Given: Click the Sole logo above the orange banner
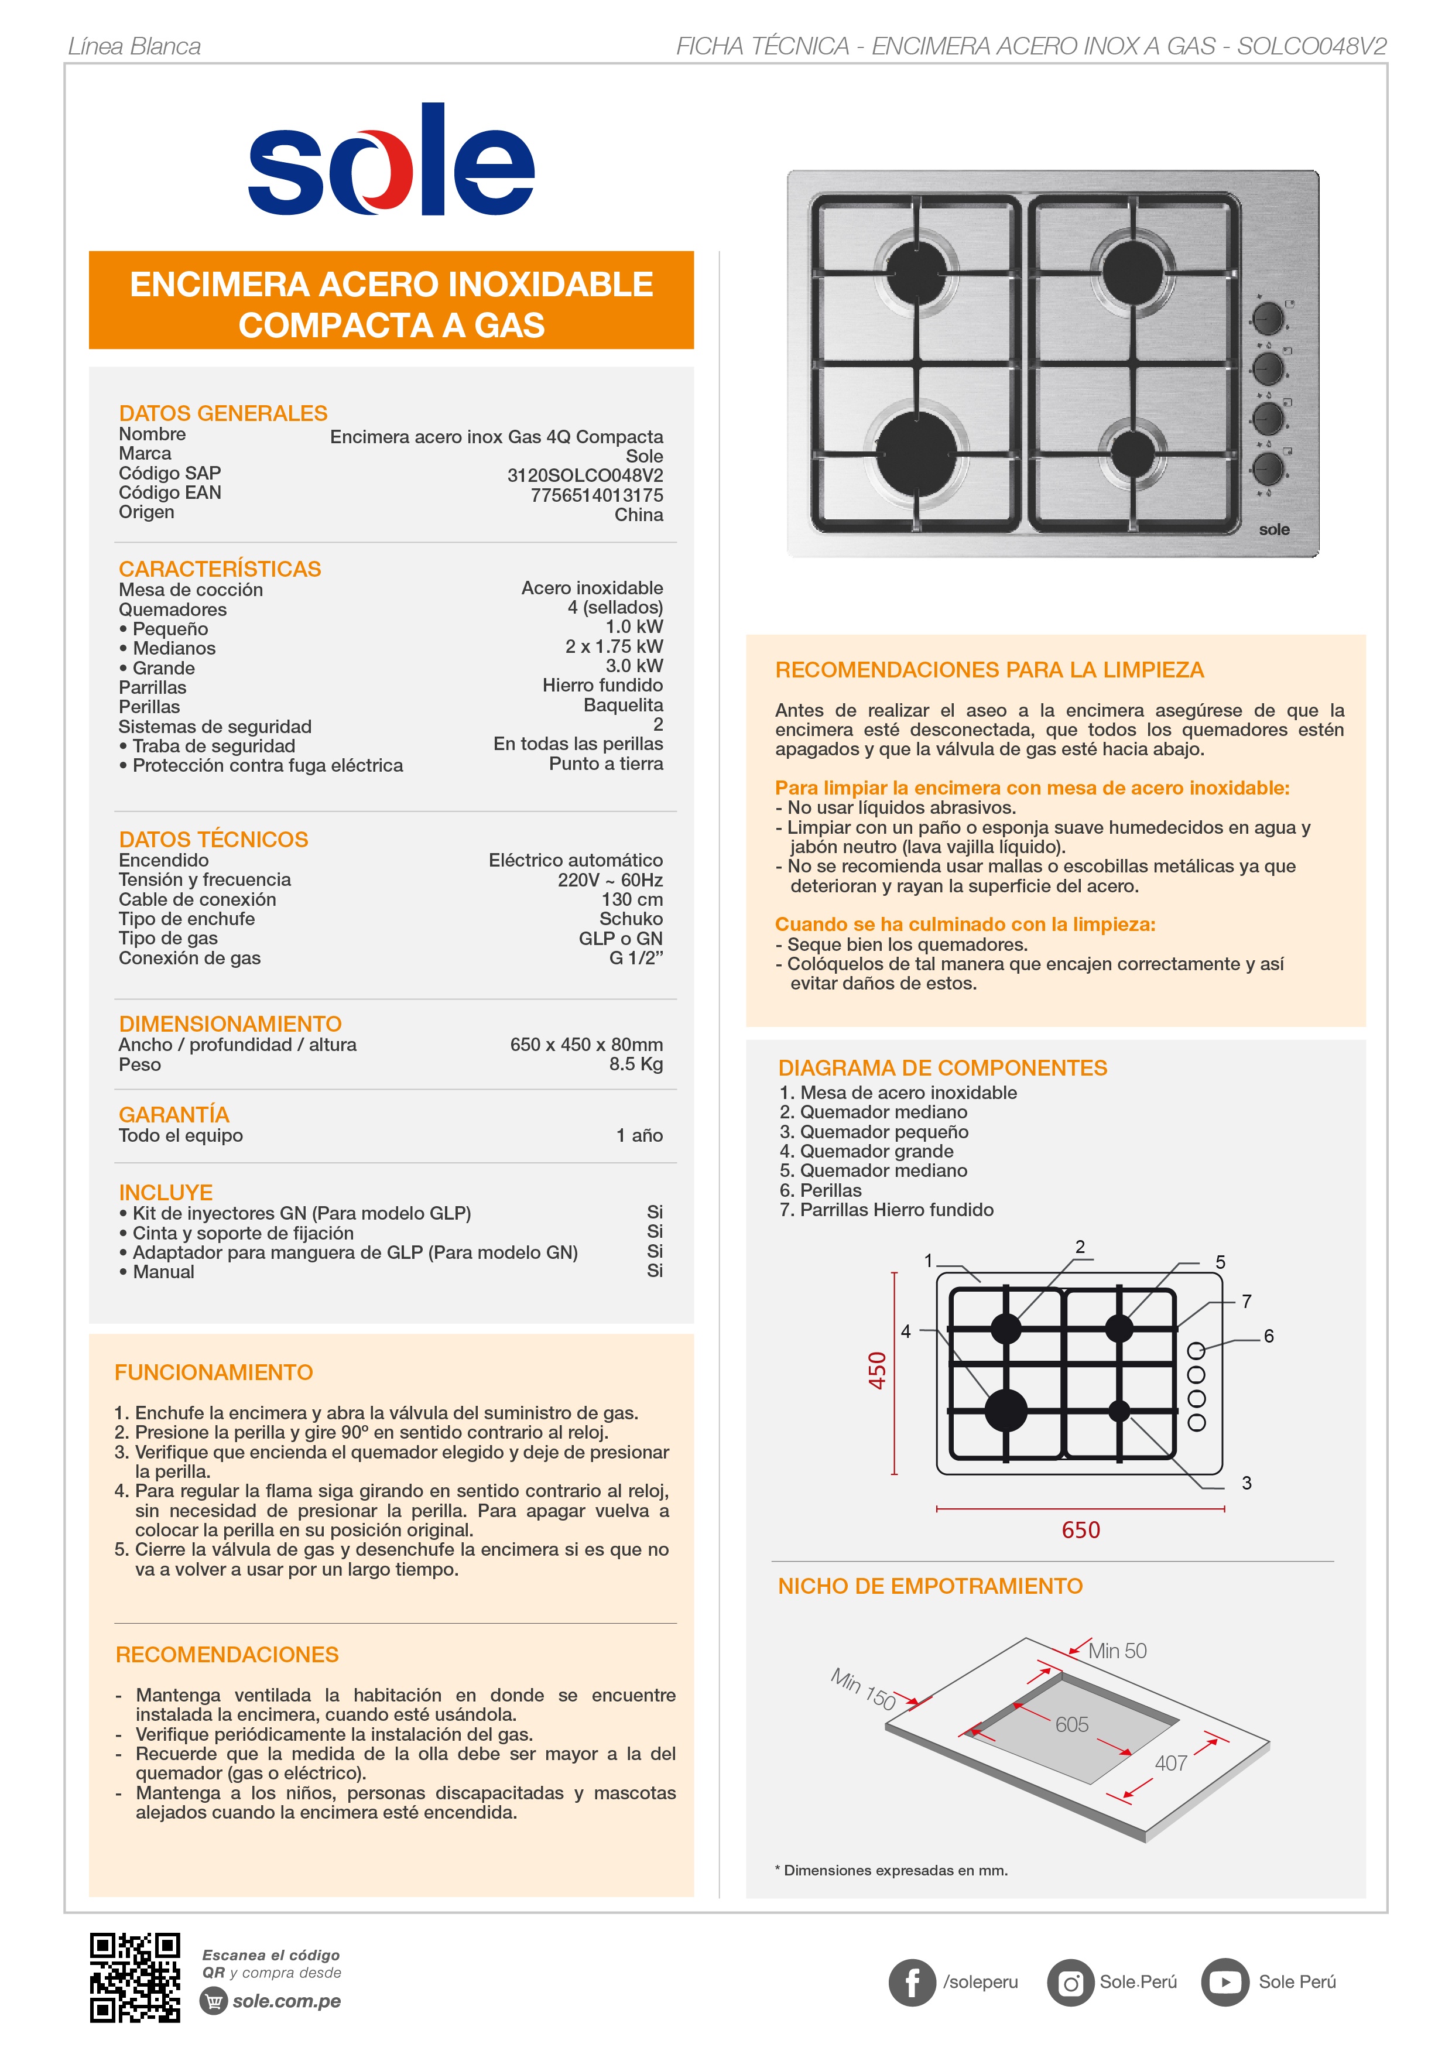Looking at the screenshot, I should (391, 161).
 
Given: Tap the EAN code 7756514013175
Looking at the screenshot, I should (597, 495).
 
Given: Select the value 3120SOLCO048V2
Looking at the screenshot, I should (585, 475).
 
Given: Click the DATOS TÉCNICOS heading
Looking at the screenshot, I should (213, 839).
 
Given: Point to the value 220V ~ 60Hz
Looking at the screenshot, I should (610, 879).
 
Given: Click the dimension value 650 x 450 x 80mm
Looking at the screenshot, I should (586, 1044).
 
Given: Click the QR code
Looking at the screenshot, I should (135, 1977).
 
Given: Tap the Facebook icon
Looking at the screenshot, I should (912, 1983).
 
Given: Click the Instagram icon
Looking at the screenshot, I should (1070, 1983).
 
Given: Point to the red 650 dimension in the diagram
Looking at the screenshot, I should (1081, 1530).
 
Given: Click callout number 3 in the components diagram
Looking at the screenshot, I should (1246, 1483).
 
